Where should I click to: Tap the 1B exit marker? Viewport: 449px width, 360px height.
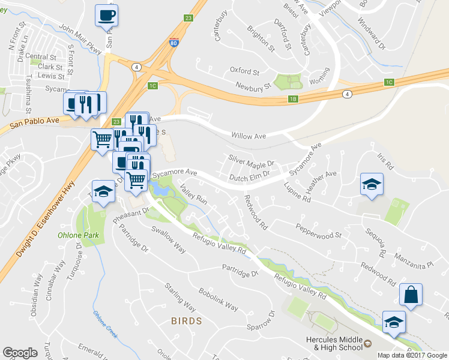click(x=293, y=99)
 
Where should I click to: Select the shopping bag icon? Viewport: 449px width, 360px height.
click(x=411, y=295)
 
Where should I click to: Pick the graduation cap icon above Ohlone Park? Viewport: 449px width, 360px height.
click(x=103, y=191)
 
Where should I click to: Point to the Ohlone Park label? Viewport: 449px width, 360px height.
click(x=78, y=235)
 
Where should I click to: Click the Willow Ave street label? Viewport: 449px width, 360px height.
click(x=252, y=136)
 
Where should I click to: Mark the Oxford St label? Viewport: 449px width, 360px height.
click(x=244, y=71)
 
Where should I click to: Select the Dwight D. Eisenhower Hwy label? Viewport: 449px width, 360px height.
click(x=45, y=219)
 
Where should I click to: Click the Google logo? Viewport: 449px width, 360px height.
click(x=20, y=353)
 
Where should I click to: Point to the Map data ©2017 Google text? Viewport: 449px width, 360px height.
click(x=412, y=355)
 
